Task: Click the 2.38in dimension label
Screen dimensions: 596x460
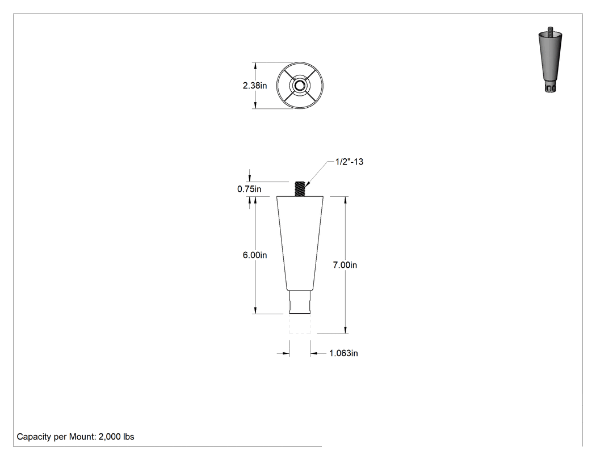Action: click(255, 86)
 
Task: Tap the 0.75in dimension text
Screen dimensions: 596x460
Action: click(249, 189)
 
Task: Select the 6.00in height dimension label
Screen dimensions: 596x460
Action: click(255, 255)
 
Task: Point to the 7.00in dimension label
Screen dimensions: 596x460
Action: click(345, 265)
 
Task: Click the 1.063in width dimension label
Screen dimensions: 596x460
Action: click(343, 353)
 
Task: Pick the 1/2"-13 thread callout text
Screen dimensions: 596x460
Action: click(349, 162)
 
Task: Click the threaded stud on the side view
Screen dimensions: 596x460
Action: click(300, 189)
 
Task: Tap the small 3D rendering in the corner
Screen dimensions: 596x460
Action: click(550, 60)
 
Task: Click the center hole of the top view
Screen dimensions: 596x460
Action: click(300, 85)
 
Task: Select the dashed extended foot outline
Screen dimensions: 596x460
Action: click(300, 324)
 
